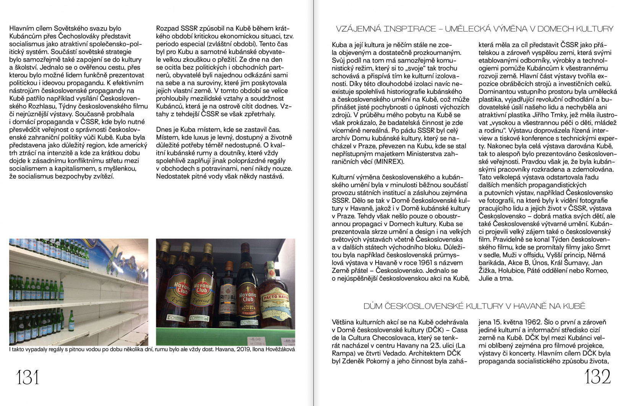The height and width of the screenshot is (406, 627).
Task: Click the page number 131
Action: click(28, 378)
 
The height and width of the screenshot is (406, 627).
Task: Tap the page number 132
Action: click(598, 378)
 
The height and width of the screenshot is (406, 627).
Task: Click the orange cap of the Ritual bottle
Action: click(229, 265)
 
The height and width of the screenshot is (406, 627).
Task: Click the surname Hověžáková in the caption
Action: click(280, 349)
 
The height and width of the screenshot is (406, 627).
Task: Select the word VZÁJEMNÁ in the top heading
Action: click(359, 29)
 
